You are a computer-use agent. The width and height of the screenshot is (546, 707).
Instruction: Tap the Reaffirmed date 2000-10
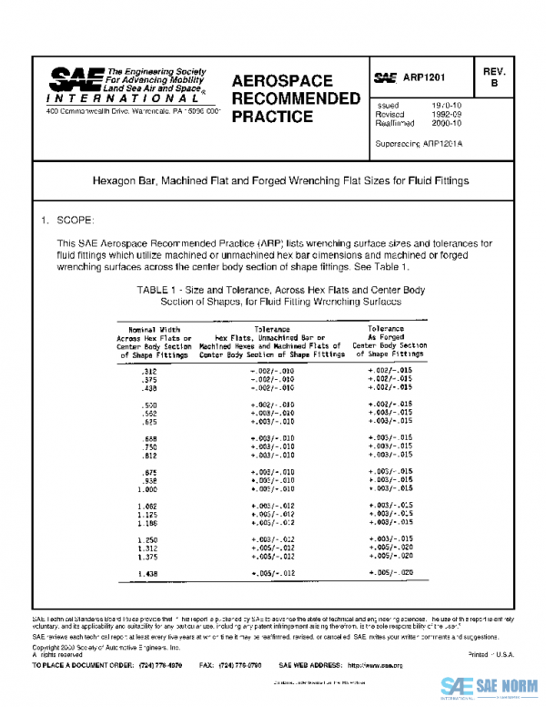tap(449, 125)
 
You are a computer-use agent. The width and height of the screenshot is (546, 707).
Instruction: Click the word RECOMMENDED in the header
tap(296, 98)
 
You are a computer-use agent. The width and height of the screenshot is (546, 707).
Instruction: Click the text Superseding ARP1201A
tap(418, 145)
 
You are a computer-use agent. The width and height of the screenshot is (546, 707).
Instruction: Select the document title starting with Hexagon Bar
tap(281, 181)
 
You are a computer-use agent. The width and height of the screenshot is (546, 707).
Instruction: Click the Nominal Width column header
tap(154, 328)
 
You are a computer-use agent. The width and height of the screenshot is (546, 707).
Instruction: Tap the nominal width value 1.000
tap(147, 489)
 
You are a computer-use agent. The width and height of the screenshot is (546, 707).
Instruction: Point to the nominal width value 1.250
tap(147, 539)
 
